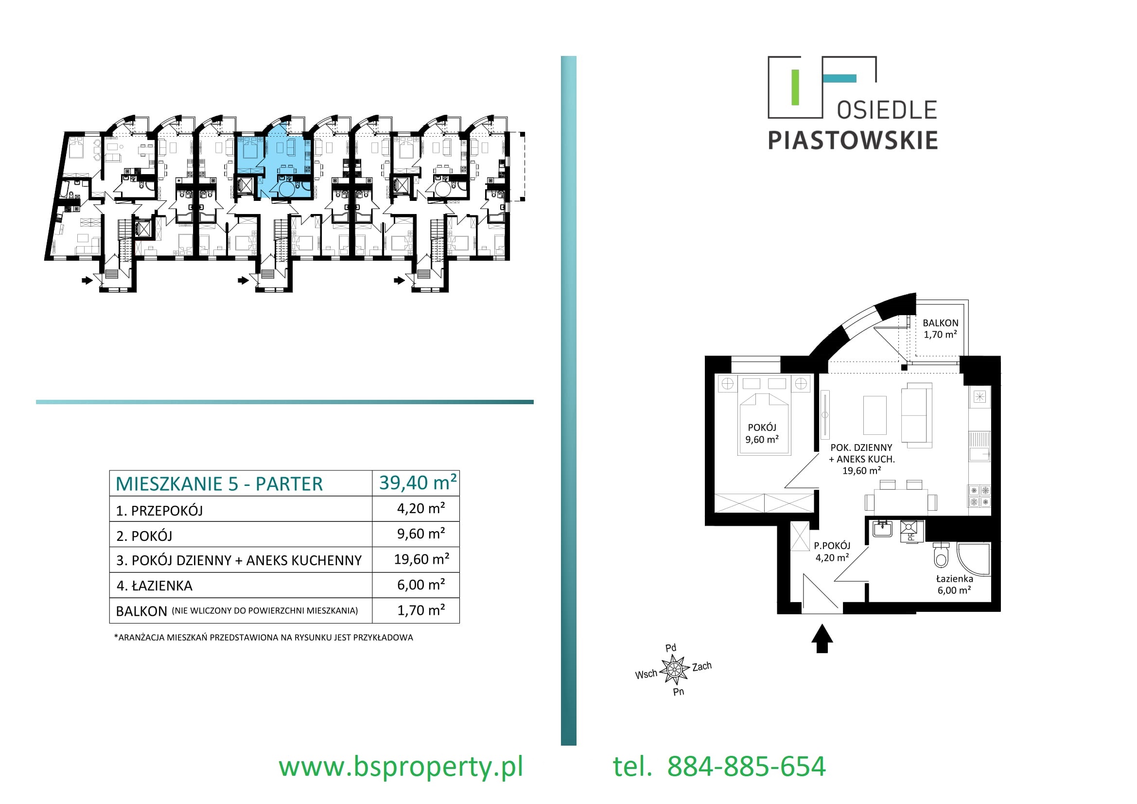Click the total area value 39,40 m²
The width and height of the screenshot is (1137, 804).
coord(418,482)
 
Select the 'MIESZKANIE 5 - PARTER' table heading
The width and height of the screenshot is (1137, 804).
coord(219,484)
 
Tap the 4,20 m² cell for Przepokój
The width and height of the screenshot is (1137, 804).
coord(421,508)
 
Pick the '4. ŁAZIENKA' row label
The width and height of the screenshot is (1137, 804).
coord(154,586)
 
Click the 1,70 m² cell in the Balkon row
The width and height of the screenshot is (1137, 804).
coord(421,610)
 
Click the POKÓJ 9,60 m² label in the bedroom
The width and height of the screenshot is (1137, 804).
coord(762,433)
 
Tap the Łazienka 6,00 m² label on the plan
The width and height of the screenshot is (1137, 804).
coord(954,584)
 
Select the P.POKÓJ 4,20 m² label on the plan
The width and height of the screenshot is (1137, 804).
coord(832,552)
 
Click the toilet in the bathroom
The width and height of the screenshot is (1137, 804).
coord(941,555)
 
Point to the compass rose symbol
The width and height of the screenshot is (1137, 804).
coord(674,670)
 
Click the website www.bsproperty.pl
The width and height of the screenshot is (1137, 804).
coord(401,767)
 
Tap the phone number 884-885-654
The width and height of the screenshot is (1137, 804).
coord(746,767)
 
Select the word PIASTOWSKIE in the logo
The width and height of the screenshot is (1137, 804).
coord(852,140)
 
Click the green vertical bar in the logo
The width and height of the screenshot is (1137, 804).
coord(795,88)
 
